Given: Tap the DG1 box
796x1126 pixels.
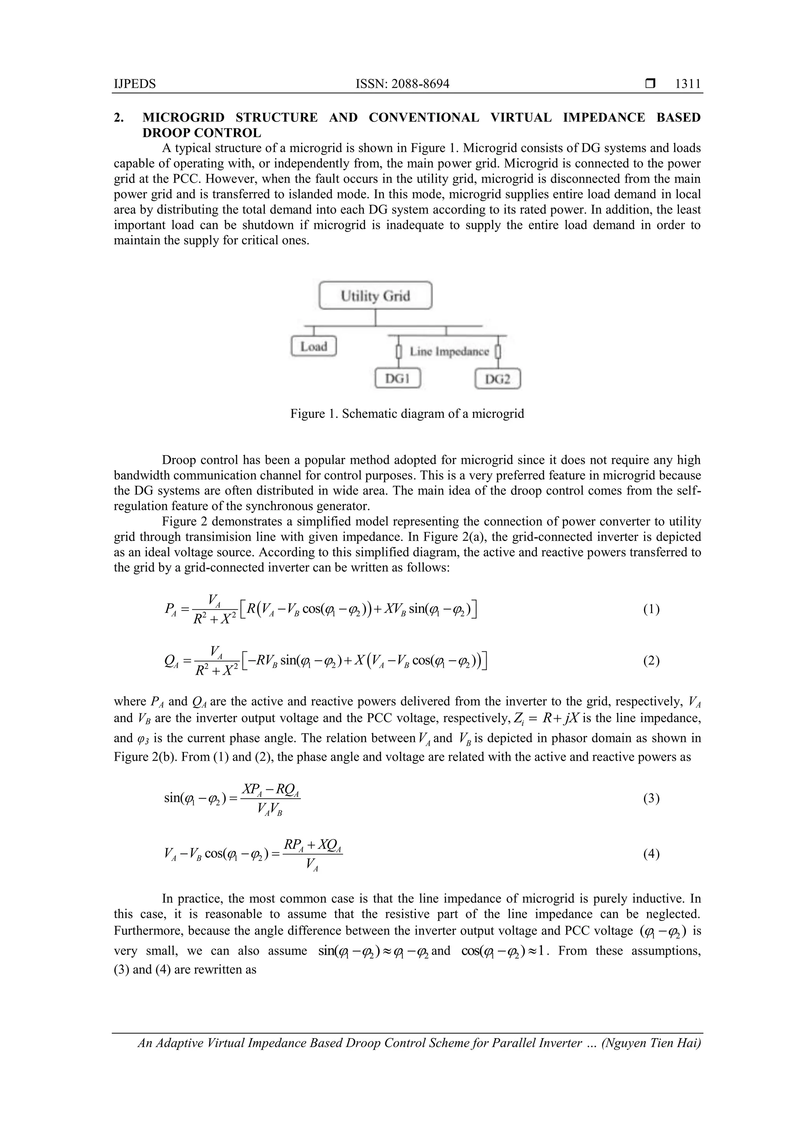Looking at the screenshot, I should pyautogui.click(x=397, y=379).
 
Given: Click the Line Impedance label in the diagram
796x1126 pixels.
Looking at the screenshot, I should pyautogui.click(x=449, y=352).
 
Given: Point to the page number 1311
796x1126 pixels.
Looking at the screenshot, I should pyautogui.click(x=688, y=84).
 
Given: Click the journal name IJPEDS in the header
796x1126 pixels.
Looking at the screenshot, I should pyautogui.click(x=134, y=84).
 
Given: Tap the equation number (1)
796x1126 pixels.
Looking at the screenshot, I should pyautogui.click(x=651, y=609).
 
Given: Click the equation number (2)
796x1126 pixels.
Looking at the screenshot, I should pyautogui.click(x=651, y=661).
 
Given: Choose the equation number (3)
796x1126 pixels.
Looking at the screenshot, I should pyautogui.click(x=651, y=798).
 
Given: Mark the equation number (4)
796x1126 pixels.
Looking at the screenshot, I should pyautogui.click(x=651, y=854).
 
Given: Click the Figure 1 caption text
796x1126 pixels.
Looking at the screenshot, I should pyautogui.click(x=407, y=414).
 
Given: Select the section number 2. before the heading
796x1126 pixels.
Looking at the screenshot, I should pyautogui.click(x=118, y=118).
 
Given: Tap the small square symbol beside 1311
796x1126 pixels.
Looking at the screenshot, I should pyautogui.click(x=650, y=84).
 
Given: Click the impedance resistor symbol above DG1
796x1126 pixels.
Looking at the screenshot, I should pyautogui.click(x=399, y=352).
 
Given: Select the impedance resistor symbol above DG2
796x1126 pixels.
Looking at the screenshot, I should pyautogui.click(x=498, y=352).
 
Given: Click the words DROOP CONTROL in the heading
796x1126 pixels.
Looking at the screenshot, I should pyautogui.click(x=202, y=133).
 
